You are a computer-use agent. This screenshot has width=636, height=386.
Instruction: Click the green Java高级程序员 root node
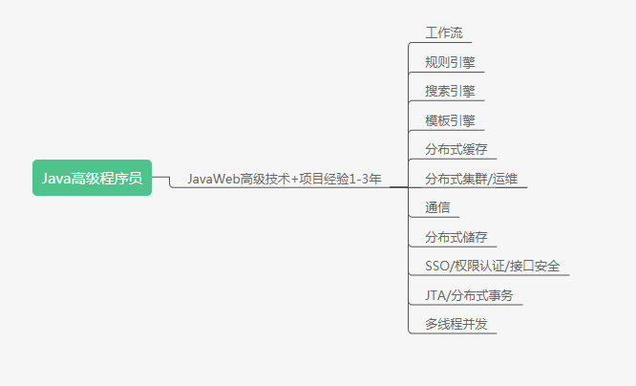tap(92, 178)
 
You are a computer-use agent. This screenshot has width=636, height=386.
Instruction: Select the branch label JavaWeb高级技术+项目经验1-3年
tap(284, 179)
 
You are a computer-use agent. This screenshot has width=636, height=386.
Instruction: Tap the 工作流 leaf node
tap(444, 33)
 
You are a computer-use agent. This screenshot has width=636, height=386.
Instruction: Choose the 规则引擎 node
tap(451, 63)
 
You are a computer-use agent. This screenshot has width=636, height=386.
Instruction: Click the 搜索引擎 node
tap(451, 92)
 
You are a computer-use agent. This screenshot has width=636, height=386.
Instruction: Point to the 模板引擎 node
tap(451, 121)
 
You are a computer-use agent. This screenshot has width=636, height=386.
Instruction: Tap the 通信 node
tap(437, 208)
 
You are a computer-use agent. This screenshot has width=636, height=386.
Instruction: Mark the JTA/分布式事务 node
tap(469, 295)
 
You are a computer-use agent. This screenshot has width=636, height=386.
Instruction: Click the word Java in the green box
tap(55, 178)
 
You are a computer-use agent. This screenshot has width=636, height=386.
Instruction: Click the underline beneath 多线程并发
tap(460, 333)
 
